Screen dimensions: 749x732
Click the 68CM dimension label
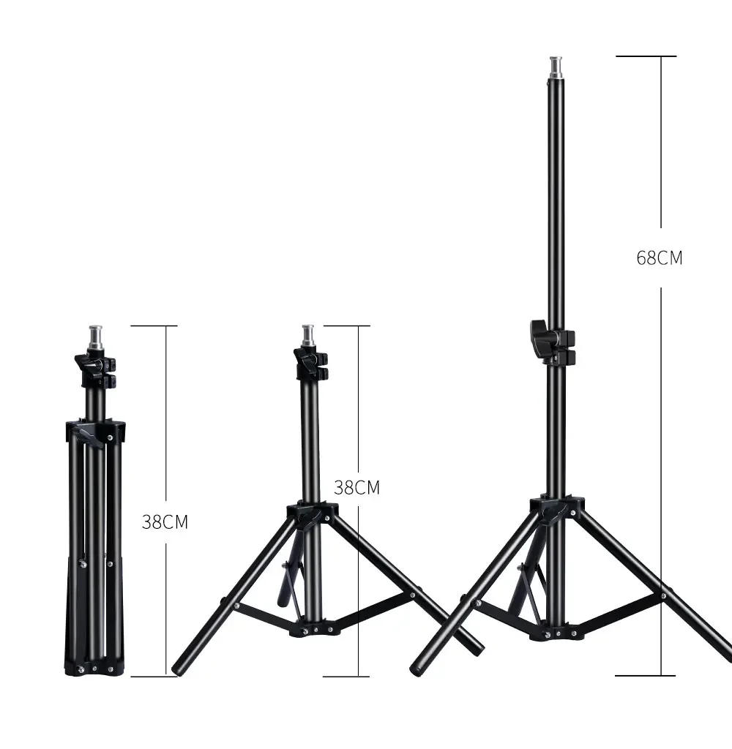coord(659,257)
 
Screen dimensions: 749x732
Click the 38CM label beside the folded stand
coord(165,522)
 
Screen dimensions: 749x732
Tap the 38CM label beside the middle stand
coord(356,487)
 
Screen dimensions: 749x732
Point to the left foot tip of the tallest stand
coord(418,666)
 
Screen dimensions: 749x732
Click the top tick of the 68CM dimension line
coord(645,56)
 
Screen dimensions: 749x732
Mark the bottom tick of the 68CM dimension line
coord(645,675)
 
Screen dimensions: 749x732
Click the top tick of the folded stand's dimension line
coord(153,325)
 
